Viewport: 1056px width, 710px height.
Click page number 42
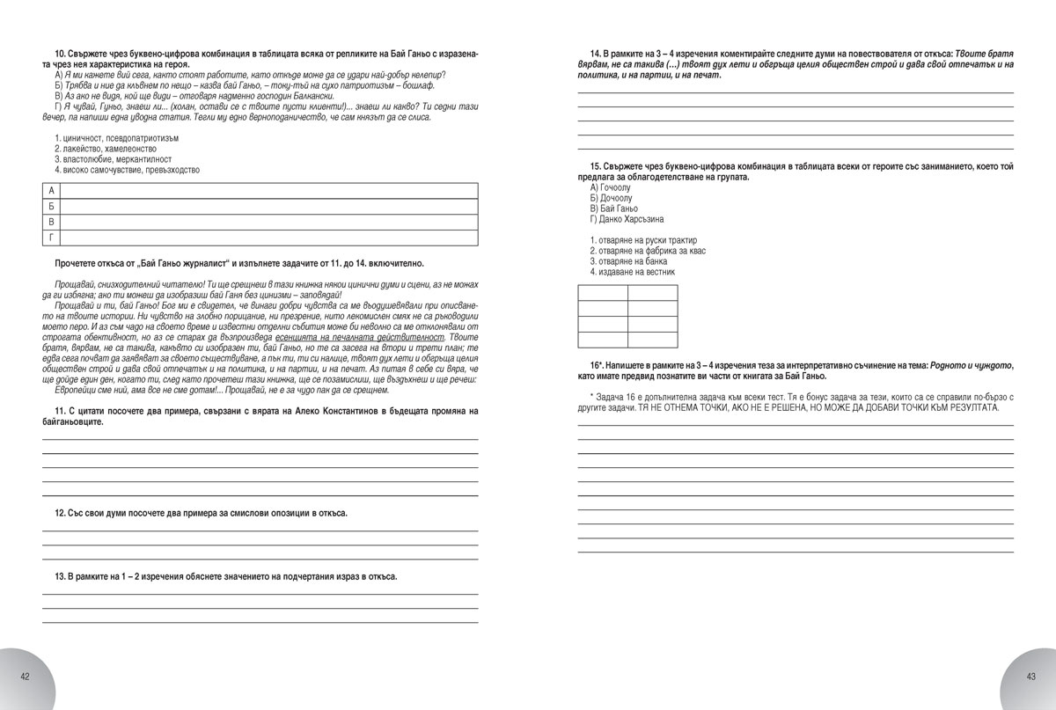26,676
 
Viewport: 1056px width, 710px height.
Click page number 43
1030,676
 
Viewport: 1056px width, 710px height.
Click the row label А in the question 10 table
51,191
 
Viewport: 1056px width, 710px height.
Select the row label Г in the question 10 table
51,238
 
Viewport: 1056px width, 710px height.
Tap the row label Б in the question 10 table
51,207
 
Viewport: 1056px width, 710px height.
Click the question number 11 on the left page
60,412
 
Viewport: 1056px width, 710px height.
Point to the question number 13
60,577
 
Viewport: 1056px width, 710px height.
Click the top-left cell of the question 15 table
603,292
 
